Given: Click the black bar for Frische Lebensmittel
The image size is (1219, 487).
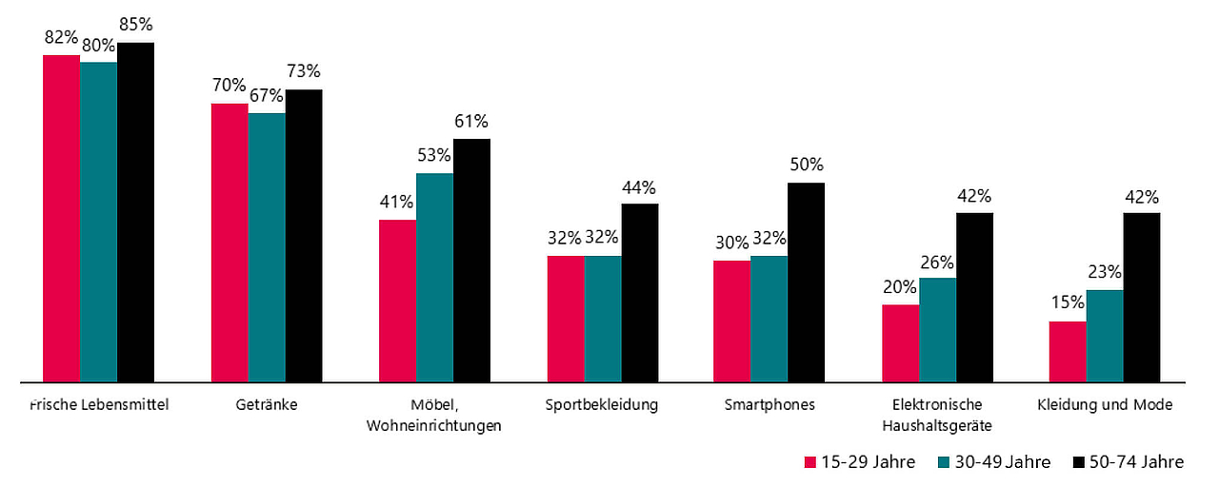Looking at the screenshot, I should pyautogui.click(x=135, y=211).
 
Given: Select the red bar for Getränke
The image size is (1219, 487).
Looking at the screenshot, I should pyautogui.click(x=229, y=243).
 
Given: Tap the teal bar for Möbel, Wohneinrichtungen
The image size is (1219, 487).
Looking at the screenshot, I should pyautogui.click(x=434, y=277).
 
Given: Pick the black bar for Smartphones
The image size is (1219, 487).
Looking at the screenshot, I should pyautogui.click(x=806, y=282).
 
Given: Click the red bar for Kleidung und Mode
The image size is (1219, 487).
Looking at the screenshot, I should pyautogui.click(x=1068, y=351).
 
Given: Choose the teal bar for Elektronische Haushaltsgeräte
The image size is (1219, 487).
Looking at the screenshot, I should pyautogui.click(x=937, y=329).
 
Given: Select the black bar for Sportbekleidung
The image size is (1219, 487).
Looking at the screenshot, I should pyautogui.click(x=639, y=292).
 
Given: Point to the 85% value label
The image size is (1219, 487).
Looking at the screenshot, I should pyautogui.click(x=135, y=25).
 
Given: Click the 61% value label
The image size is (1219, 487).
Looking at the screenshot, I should pyautogui.click(x=471, y=121).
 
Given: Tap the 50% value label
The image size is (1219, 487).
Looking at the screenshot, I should pyautogui.click(x=806, y=165).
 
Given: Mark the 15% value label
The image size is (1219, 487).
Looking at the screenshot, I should pyautogui.click(x=1068, y=303).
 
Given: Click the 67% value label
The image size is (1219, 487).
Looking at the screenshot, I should pyautogui.click(x=267, y=95).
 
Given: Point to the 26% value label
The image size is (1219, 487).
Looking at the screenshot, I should pyautogui.click(x=937, y=260).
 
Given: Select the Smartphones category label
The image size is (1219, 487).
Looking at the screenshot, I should pyautogui.click(x=769, y=405).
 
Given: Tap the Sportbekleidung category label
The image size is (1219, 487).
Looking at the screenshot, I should pyautogui.click(x=602, y=405).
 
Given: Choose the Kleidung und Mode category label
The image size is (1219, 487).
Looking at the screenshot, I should pyautogui.click(x=1105, y=405).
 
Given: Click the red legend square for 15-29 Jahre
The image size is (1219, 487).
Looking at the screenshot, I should pyautogui.click(x=810, y=462).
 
